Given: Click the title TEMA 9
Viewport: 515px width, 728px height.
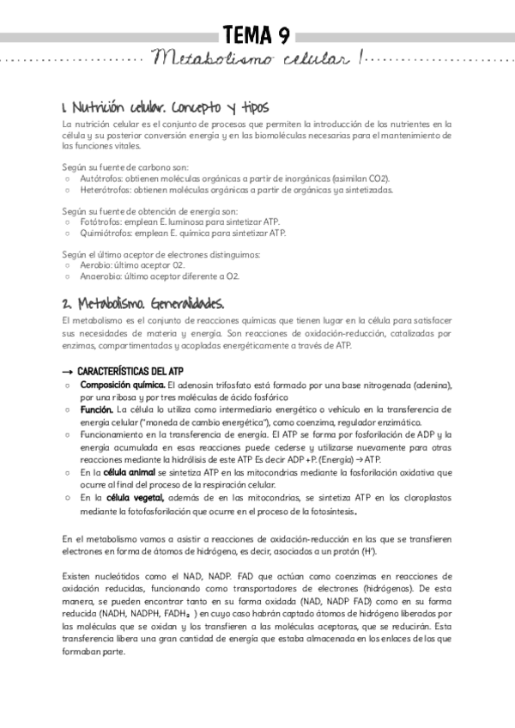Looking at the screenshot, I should [x=257, y=34].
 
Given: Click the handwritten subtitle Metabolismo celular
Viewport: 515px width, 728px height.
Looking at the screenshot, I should [x=257, y=59].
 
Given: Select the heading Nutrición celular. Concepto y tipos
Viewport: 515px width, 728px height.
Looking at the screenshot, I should [x=166, y=108].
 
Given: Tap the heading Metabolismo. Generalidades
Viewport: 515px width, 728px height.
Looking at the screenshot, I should [x=143, y=304].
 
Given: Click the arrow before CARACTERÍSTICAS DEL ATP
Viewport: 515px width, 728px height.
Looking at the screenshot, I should [x=68, y=370].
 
